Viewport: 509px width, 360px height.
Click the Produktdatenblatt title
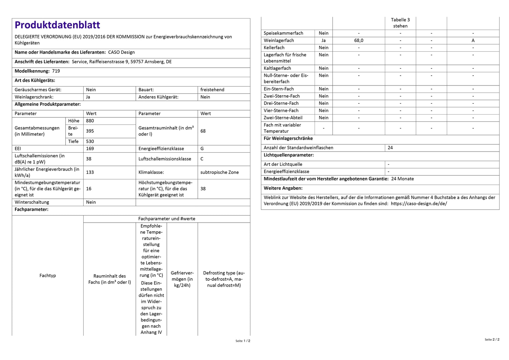[x=57, y=25]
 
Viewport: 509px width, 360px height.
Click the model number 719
[x=56, y=71]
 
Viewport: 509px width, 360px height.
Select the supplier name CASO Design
[x=121, y=52]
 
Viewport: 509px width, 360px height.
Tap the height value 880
[x=90, y=121]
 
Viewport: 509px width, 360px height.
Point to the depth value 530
[x=90, y=141]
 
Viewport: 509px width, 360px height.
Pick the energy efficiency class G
[x=202, y=149]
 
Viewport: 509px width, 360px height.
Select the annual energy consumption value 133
[x=90, y=172]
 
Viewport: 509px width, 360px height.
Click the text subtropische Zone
[x=220, y=172]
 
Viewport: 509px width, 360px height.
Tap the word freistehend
[x=212, y=90]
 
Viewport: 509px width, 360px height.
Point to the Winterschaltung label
[x=32, y=202]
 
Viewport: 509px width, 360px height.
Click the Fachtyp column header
[x=48, y=276]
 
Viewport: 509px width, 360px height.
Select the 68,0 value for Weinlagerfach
[x=359, y=41]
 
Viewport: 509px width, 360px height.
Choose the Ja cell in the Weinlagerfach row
[x=324, y=41]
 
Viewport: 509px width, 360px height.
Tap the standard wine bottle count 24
[x=390, y=148]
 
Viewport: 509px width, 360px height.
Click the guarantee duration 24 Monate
[x=402, y=179]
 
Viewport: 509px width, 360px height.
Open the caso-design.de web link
[x=419, y=204]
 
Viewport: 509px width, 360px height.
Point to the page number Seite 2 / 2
[x=492, y=340]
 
